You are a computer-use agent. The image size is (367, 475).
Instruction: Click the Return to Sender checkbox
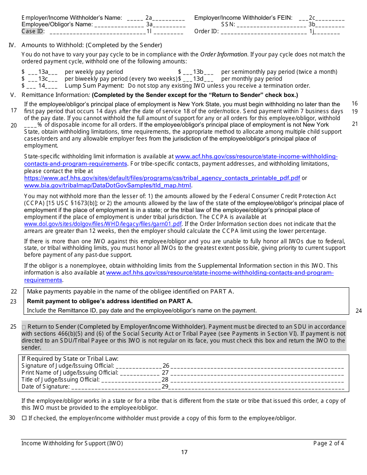(24, 327)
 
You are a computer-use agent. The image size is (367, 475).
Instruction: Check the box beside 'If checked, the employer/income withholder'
(24, 418)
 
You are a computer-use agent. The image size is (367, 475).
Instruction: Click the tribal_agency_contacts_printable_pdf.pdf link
(162, 178)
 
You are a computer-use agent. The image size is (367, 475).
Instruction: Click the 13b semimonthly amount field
(198, 72)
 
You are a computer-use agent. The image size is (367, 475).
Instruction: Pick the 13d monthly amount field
(198, 79)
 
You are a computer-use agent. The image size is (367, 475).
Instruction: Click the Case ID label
(33, 32)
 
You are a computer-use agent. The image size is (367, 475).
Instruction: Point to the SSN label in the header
(228, 25)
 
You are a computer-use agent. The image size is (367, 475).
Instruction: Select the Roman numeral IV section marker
(12, 45)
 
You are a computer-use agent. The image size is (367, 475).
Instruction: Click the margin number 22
(14, 292)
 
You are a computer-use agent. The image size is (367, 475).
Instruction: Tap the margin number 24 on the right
(359, 311)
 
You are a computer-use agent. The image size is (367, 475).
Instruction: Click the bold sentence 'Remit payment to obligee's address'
(109, 301)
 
